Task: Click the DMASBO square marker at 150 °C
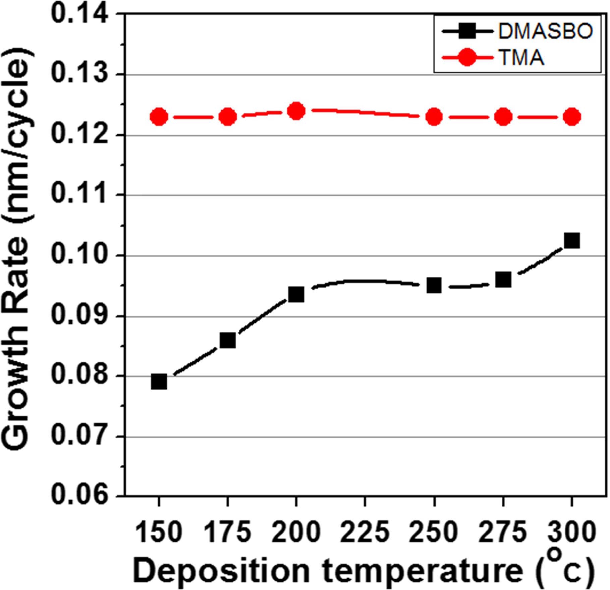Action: click(159, 382)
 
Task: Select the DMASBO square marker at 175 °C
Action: click(228, 341)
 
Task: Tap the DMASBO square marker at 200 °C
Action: click(296, 294)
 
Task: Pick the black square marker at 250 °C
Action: click(434, 285)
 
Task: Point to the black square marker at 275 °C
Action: click(503, 279)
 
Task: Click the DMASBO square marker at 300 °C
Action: click(572, 240)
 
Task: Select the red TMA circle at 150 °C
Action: click(159, 117)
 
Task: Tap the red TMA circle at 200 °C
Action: click(296, 111)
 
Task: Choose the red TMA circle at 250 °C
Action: click(434, 117)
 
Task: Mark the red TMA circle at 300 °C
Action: click(572, 117)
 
